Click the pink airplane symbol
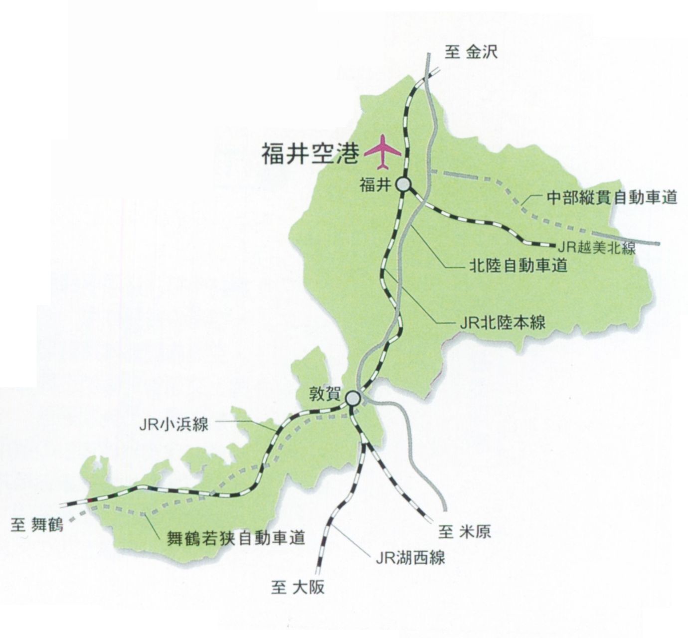382,152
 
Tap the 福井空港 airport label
310,154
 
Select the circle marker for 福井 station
403,184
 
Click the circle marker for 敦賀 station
353,398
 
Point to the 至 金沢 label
471,52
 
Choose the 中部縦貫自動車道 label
612,197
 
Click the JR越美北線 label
596,248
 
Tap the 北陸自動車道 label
518,266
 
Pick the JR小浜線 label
173,424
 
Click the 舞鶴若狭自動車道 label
235,538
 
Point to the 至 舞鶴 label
37,525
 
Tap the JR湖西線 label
410,557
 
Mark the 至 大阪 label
298,587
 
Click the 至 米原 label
465,532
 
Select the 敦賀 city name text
325,395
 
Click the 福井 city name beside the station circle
374,185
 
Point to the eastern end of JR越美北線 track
554,244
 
